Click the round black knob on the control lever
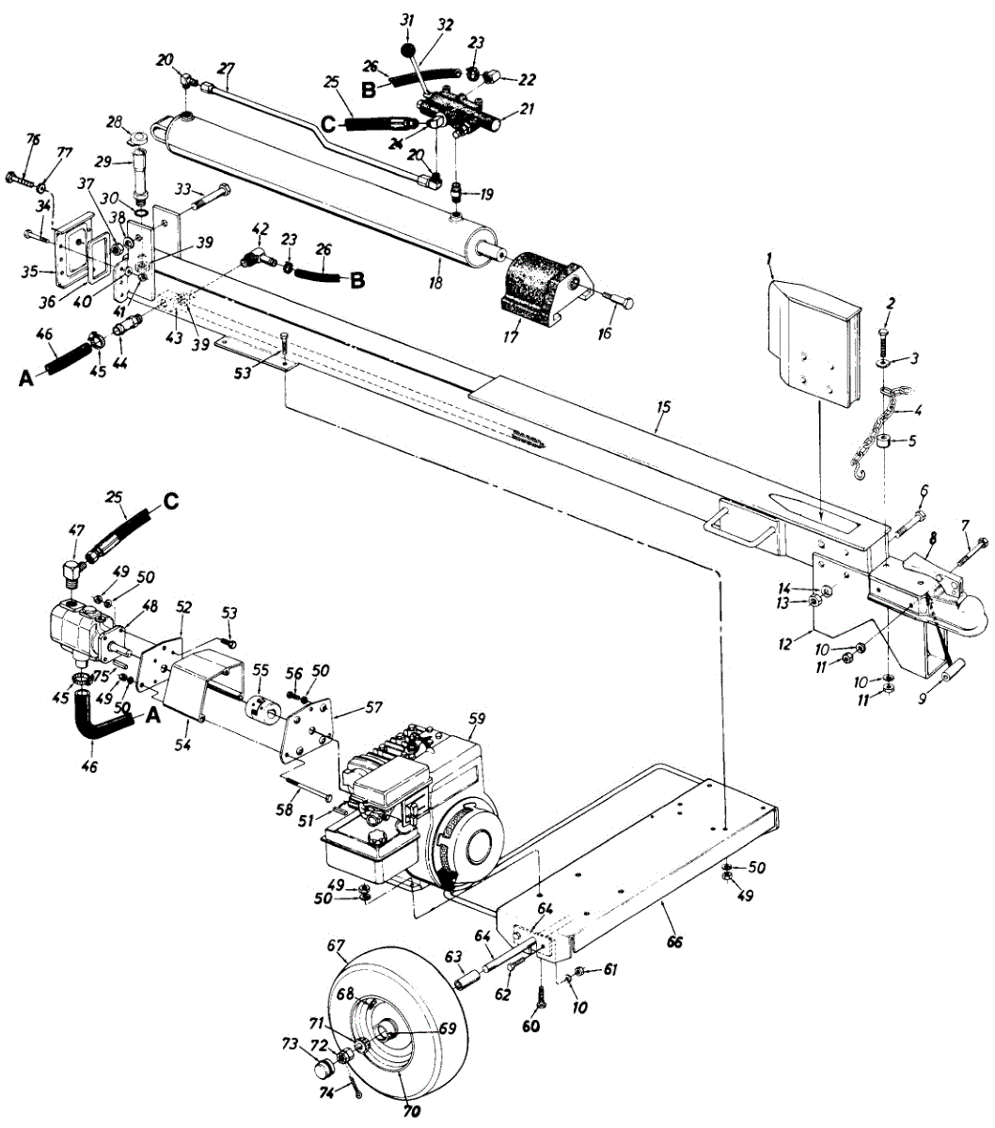tap(407, 48)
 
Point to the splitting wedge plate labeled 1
tap(812, 338)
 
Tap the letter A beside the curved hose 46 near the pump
tap(150, 715)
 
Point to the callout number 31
tap(405, 21)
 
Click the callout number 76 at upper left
tap(33, 140)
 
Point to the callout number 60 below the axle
tap(530, 1026)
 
